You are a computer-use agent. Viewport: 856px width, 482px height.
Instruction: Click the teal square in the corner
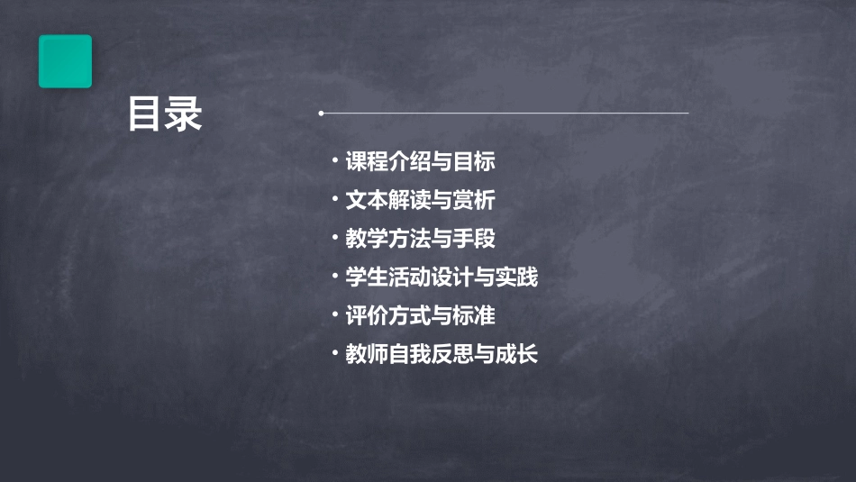pyautogui.click(x=65, y=61)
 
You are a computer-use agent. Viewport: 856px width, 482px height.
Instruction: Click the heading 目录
pyautogui.click(x=165, y=115)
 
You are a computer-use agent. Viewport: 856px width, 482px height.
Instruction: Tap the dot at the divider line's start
pyautogui.click(x=321, y=114)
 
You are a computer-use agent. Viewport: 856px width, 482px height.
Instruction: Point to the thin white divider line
pyautogui.click(x=505, y=114)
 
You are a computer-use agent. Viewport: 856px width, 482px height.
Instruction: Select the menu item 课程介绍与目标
pyautogui.click(x=420, y=162)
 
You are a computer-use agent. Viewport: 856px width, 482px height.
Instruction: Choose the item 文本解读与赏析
pyautogui.click(x=420, y=200)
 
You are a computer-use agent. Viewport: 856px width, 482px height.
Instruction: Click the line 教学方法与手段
pyautogui.click(x=420, y=239)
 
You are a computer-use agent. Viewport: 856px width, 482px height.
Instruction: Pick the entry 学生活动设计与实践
pyautogui.click(x=442, y=277)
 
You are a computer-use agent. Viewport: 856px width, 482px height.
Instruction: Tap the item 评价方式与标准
pyautogui.click(x=420, y=316)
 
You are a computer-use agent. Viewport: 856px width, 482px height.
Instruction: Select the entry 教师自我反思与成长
pyautogui.click(x=442, y=355)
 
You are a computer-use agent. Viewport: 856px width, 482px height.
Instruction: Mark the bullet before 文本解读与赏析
pyautogui.click(x=334, y=199)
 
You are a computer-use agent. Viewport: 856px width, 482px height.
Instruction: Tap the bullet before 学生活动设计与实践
pyautogui.click(x=334, y=277)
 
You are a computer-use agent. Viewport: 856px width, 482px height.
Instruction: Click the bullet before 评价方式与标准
pyautogui.click(x=334, y=315)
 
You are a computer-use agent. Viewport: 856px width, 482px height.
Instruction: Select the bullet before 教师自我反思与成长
pyautogui.click(x=334, y=353)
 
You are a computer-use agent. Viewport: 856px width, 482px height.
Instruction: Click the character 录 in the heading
pyautogui.click(x=185, y=115)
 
